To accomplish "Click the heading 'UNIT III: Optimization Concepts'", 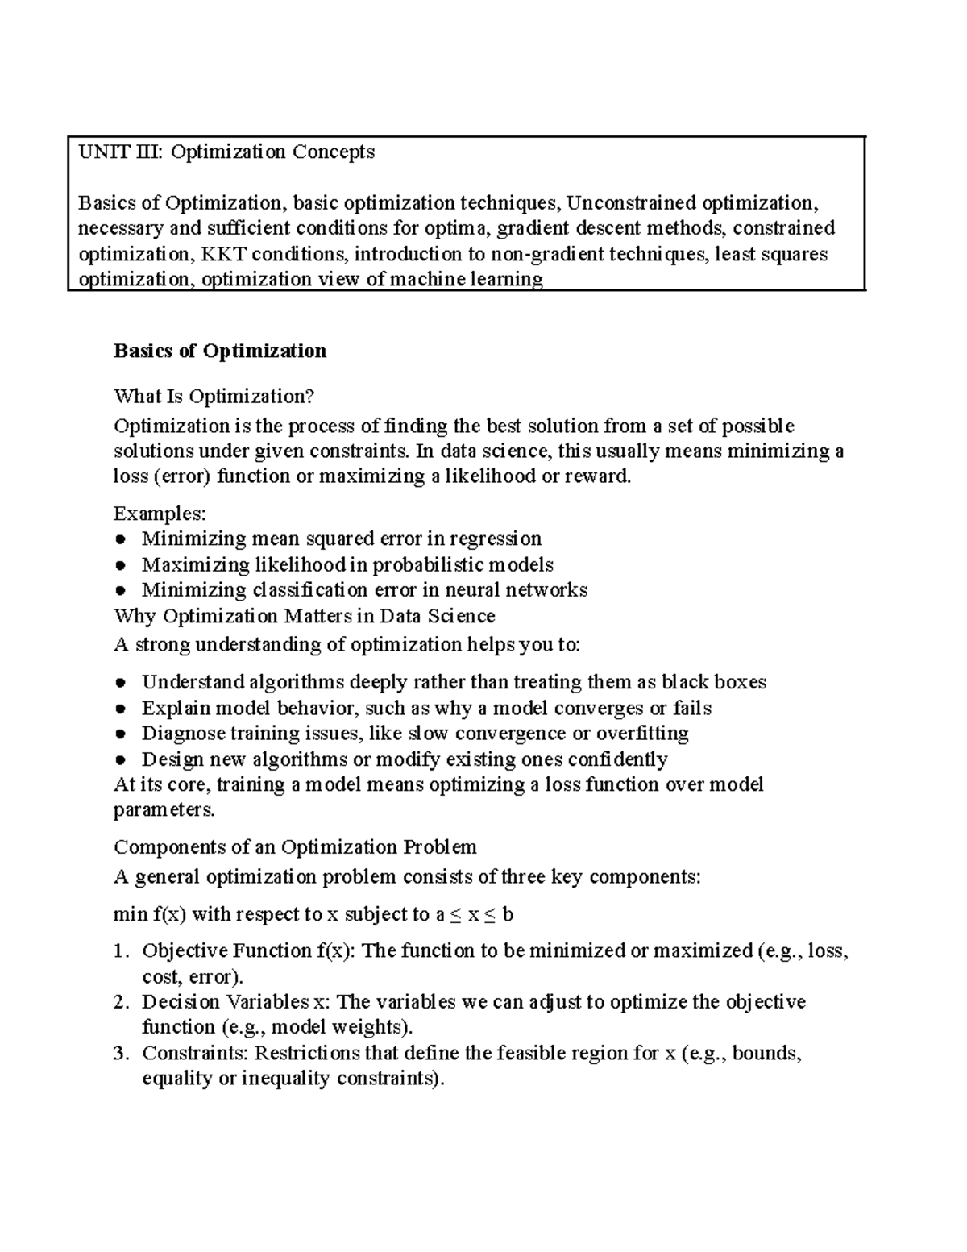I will (226, 152).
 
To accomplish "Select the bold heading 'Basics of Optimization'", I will (220, 351).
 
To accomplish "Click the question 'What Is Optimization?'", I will (214, 396).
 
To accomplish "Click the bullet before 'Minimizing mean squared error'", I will (119, 539).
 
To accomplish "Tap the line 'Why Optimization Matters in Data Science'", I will (304, 617).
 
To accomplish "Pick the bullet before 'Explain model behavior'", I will (119, 709).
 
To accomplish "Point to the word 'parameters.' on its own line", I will (164, 810).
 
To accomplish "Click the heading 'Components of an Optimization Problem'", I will (295, 847).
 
